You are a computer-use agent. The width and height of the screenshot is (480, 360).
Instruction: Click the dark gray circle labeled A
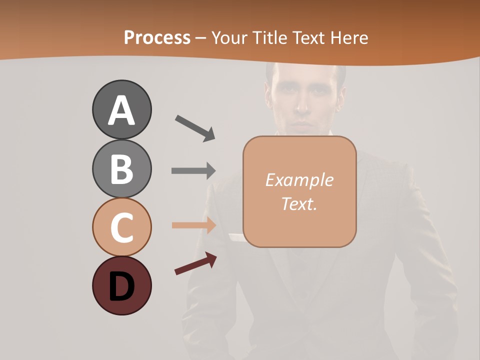[x=121, y=109]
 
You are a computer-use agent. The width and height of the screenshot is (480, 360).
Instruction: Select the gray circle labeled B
[x=121, y=168]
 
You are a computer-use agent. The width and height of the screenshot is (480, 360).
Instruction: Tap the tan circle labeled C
[x=121, y=227]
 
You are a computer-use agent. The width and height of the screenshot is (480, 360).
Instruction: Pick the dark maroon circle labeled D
[x=121, y=285]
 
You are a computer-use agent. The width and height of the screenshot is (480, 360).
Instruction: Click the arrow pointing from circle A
[x=195, y=128]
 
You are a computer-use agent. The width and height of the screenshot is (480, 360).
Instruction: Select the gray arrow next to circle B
[x=193, y=171]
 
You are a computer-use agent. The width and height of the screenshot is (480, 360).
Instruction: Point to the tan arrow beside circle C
[x=193, y=225]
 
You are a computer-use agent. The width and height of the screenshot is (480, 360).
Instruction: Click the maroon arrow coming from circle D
[x=195, y=263]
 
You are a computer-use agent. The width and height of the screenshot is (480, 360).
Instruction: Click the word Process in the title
[x=157, y=38]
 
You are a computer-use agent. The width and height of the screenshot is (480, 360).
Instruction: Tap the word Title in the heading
[x=269, y=38]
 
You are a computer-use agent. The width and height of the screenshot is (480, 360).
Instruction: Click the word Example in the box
[x=299, y=180]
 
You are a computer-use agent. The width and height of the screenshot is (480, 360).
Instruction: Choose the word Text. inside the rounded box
[x=299, y=203]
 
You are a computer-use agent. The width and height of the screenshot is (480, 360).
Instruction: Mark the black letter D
[x=121, y=286]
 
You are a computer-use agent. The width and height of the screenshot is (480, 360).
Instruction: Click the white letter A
[x=121, y=110]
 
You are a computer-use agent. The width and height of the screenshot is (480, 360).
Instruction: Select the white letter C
[x=121, y=228]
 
